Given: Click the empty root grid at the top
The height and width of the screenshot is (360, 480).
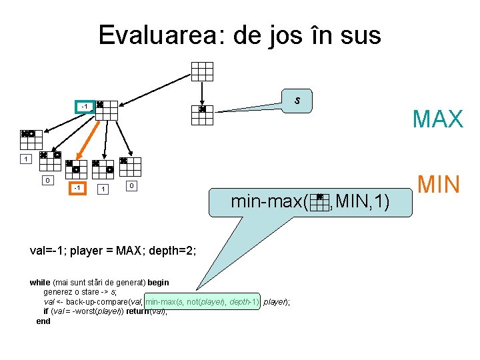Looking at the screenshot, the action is coord(202,71).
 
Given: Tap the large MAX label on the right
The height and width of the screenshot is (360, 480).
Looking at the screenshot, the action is coord(437,119).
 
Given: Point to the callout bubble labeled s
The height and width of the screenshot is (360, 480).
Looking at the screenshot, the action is coord(297,101).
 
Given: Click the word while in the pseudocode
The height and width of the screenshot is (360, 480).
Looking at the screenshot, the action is coord(41,283).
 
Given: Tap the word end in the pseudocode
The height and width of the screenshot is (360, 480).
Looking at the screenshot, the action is coord(43,321).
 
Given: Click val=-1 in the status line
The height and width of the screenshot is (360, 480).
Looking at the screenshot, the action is coord(47,251).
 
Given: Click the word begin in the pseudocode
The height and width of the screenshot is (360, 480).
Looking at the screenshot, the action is coord(157,283).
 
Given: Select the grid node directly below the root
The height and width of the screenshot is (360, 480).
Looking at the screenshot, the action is coord(202,115).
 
